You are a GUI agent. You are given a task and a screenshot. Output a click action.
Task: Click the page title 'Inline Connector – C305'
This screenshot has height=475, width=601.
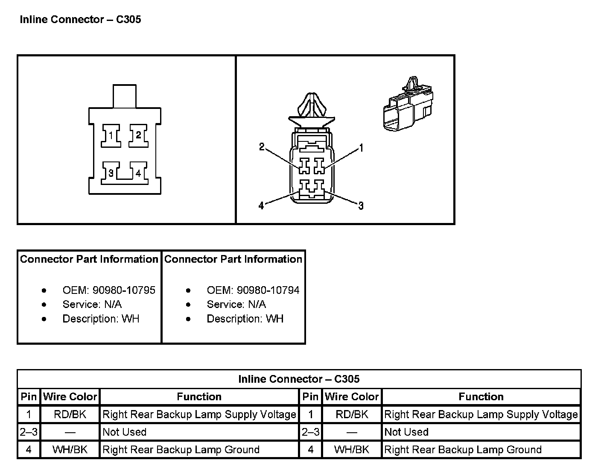coord(80,20)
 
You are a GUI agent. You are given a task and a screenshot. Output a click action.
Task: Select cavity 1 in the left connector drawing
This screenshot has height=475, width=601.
coord(111,136)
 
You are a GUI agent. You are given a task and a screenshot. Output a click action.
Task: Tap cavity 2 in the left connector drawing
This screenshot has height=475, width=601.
coord(138,135)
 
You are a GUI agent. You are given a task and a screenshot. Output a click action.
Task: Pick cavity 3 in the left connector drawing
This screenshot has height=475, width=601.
coord(111,173)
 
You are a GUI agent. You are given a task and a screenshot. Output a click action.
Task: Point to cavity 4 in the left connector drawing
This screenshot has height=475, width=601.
coord(138,173)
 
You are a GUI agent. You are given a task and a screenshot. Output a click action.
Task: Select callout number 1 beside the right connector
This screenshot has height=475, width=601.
coord(361,148)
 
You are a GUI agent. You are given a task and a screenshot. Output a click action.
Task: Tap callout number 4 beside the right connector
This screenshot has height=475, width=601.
coord(261,206)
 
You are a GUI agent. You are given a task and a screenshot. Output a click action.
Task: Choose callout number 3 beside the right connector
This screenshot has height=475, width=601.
coord(361,206)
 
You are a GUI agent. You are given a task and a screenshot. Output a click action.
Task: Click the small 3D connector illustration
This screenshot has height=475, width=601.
coord(408,106)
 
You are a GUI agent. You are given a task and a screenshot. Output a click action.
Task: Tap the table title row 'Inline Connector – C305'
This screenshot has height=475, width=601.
coord(299,379)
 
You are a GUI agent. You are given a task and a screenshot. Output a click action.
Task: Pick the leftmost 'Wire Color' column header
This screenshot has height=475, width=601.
coord(70,397)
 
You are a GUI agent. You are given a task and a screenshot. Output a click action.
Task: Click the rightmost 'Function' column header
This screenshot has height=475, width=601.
coord(481,397)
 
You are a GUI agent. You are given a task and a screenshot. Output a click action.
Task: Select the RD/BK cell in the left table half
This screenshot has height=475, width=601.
coord(70,414)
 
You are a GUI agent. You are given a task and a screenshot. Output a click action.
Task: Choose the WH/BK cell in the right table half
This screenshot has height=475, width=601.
coord(352,450)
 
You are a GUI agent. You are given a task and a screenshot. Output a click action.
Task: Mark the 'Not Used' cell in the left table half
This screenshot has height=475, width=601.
coord(125,432)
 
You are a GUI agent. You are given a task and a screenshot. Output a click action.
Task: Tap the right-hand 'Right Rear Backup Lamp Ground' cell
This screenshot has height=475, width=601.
coord(463,450)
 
